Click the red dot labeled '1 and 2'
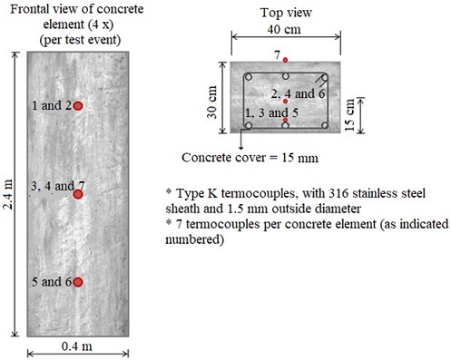coord(78,106)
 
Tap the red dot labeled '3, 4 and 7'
coord(78,194)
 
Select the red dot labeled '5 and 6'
coord(78,283)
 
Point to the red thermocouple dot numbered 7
coord(286,60)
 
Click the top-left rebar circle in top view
coord(249,76)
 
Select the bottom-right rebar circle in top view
coord(323,124)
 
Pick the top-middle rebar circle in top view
coord(286,76)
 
